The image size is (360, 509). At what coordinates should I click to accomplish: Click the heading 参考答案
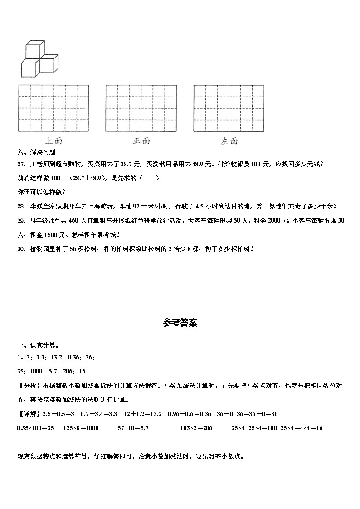point(180,323)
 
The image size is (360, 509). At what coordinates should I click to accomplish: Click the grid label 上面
point(54,141)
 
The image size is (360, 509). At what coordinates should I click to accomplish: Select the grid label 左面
point(229,141)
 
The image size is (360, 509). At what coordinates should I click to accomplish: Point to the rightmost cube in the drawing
point(49,64)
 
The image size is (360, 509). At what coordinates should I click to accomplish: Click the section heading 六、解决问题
point(36,152)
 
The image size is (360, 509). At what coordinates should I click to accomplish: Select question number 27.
point(21,164)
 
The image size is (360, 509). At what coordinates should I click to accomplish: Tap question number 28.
point(21,206)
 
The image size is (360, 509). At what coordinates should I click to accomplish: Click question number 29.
point(21,221)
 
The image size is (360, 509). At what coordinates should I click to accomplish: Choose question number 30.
point(21,248)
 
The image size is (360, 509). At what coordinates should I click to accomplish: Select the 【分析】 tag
point(29,386)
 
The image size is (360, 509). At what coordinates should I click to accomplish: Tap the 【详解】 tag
point(29,414)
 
